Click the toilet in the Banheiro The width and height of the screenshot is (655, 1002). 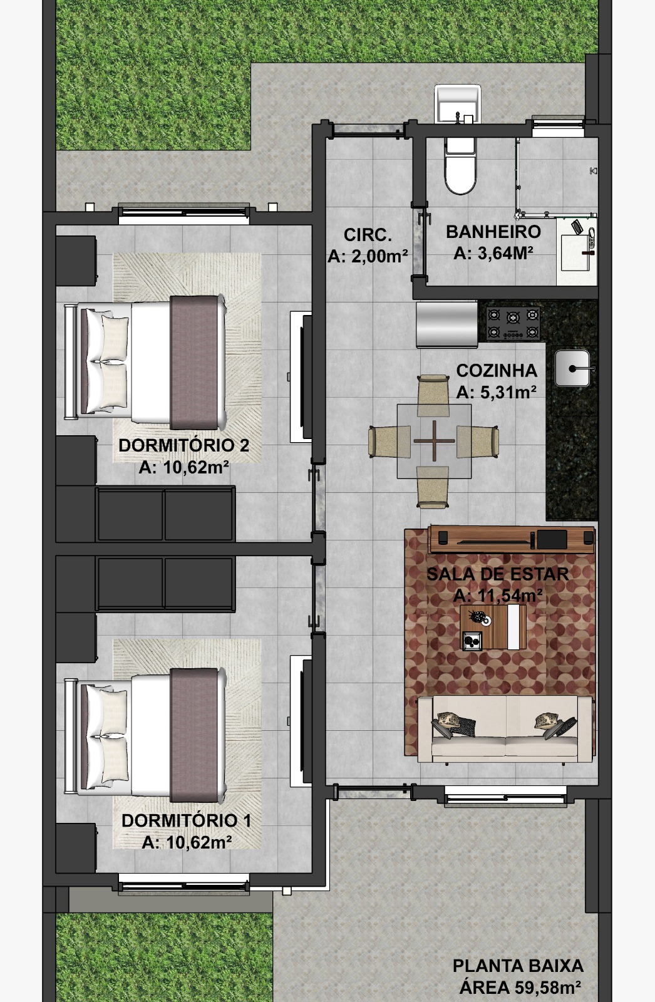(x=459, y=165)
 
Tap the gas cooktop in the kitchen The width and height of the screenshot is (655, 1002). (x=513, y=324)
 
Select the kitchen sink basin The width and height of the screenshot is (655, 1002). (x=573, y=368)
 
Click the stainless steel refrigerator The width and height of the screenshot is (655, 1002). (x=447, y=324)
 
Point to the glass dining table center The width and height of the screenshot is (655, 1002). (x=434, y=441)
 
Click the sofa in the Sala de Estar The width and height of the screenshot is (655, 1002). (x=505, y=728)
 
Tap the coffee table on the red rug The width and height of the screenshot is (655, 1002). (x=493, y=627)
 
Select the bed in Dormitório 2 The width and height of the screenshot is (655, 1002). (x=145, y=361)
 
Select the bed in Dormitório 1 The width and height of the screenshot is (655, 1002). (x=145, y=735)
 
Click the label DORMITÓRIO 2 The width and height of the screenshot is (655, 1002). (x=184, y=445)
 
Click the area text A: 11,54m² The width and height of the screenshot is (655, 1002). (x=498, y=596)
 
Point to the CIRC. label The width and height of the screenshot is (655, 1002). (x=368, y=234)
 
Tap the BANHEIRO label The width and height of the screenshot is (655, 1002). (x=493, y=232)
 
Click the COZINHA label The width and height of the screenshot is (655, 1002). (x=497, y=370)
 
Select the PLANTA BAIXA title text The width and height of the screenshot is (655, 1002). (x=518, y=966)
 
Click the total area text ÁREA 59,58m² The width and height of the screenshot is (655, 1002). (x=520, y=987)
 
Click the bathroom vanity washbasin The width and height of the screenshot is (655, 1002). (x=577, y=250)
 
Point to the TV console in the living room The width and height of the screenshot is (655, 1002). (x=512, y=539)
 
